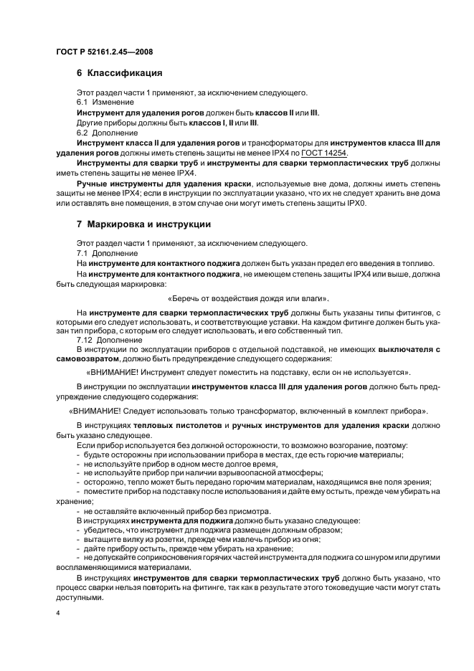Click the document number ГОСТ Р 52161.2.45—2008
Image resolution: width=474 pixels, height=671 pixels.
tap(103, 52)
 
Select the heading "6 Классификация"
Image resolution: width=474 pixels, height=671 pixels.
tap(119, 73)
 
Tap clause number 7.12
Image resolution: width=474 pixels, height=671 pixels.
tap(85, 340)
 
